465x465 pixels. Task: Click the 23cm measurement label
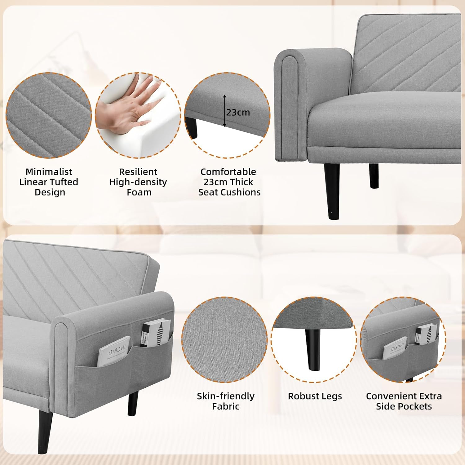coord(238,112)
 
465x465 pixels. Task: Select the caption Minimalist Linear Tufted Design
coord(49,182)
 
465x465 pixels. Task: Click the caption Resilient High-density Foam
coord(138,182)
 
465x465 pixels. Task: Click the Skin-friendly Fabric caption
coord(225,401)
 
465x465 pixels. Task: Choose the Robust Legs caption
coord(315,396)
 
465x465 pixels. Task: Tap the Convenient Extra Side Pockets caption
coord(404,401)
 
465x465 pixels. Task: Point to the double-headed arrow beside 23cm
coord(225,111)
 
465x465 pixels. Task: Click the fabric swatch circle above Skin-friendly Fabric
coord(224,340)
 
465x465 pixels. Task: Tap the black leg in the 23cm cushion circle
coord(192,127)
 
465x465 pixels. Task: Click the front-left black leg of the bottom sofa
coord(44,431)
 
